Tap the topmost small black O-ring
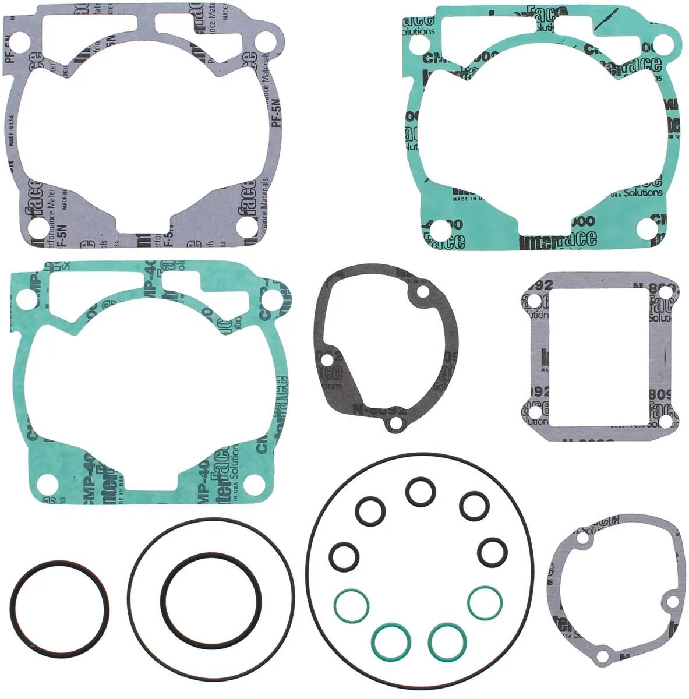click(418, 493)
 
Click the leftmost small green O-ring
click(351, 603)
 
